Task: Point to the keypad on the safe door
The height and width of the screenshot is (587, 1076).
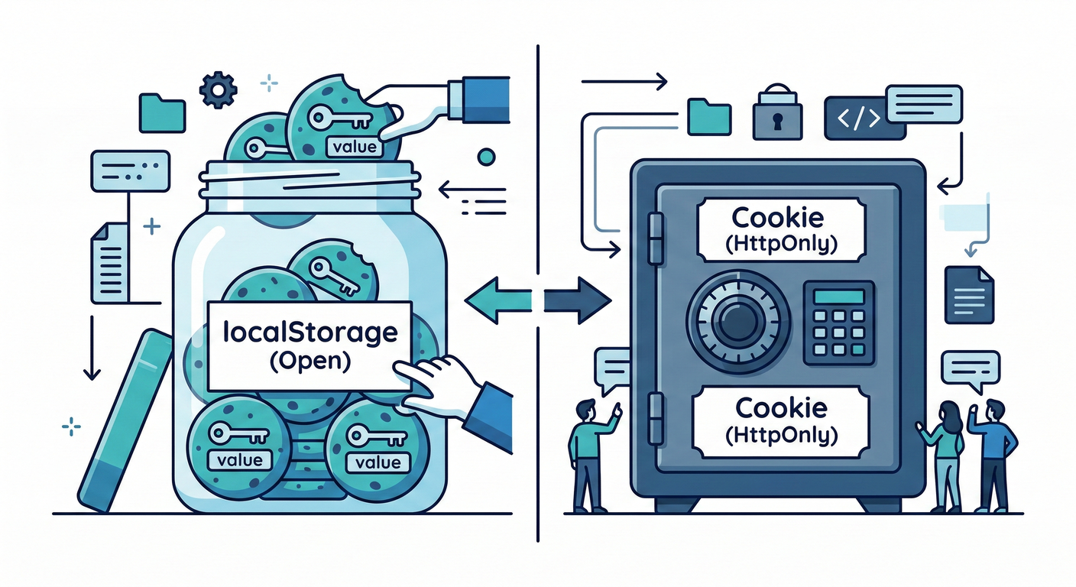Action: (x=839, y=322)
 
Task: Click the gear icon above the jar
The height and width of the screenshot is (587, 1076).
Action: (x=218, y=91)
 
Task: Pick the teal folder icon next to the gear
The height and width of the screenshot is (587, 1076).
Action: (x=162, y=112)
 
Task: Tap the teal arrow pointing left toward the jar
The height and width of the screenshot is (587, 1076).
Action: (x=497, y=300)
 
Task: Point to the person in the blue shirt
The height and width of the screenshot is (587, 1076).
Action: (x=992, y=455)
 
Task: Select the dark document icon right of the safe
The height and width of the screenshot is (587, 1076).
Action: (x=968, y=294)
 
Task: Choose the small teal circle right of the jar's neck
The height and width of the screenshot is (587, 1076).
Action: (x=485, y=158)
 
